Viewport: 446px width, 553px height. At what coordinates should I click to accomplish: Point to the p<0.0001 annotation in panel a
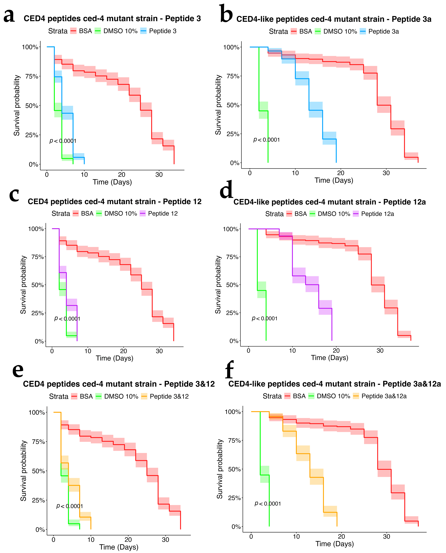pyautogui.click(x=63, y=141)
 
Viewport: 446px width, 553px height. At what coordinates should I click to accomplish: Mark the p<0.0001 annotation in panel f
pyautogui.click(x=268, y=504)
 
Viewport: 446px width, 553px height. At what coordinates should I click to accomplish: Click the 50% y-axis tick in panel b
pyautogui.click(x=233, y=105)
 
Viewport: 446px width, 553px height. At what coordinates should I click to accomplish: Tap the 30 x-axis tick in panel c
pyautogui.click(x=159, y=351)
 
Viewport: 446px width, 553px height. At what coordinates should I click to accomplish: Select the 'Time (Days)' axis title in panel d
pyautogui.click(x=330, y=358)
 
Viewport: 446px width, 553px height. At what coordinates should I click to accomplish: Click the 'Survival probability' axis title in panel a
pyautogui.click(x=17, y=105)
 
